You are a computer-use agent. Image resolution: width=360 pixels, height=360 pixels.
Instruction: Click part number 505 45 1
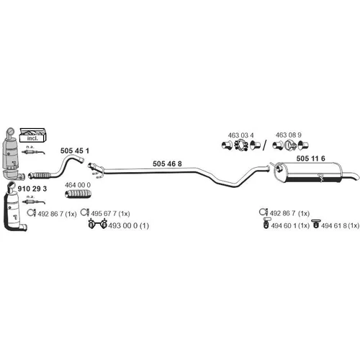tap(75, 150)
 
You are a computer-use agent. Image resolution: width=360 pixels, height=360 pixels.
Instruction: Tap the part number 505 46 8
tap(167, 163)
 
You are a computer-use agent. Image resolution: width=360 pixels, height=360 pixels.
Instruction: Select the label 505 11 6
tap(311, 158)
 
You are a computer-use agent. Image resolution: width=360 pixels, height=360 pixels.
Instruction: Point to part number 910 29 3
tap(32, 189)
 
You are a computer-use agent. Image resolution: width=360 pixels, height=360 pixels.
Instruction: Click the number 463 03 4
tap(240, 135)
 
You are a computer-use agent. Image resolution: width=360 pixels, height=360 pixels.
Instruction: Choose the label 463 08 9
tap(289, 135)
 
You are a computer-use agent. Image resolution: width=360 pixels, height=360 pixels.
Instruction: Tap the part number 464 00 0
tap(78, 185)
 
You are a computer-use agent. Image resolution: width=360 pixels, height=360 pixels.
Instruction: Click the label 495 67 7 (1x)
tap(110, 214)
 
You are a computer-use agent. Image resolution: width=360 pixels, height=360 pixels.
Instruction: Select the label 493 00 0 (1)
tap(129, 225)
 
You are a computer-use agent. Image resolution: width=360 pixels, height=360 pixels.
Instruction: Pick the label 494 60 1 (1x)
tap(290, 225)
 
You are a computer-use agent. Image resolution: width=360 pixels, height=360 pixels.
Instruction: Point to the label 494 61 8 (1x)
tap(341, 225)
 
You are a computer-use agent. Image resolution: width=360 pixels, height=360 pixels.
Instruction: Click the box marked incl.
tap(32, 135)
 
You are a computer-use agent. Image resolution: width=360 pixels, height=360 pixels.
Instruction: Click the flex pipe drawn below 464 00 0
tap(78, 194)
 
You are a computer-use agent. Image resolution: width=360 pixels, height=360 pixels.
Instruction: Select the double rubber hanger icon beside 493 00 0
tap(97, 224)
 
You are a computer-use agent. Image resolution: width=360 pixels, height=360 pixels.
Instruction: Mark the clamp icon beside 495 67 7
tap(85, 212)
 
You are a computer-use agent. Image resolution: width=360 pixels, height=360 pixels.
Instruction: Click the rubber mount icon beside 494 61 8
tap(315, 224)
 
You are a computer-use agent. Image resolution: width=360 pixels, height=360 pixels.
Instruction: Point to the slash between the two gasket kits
tap(264, 145)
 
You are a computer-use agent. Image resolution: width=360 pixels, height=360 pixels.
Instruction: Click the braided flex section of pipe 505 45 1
tap(41, 175)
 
